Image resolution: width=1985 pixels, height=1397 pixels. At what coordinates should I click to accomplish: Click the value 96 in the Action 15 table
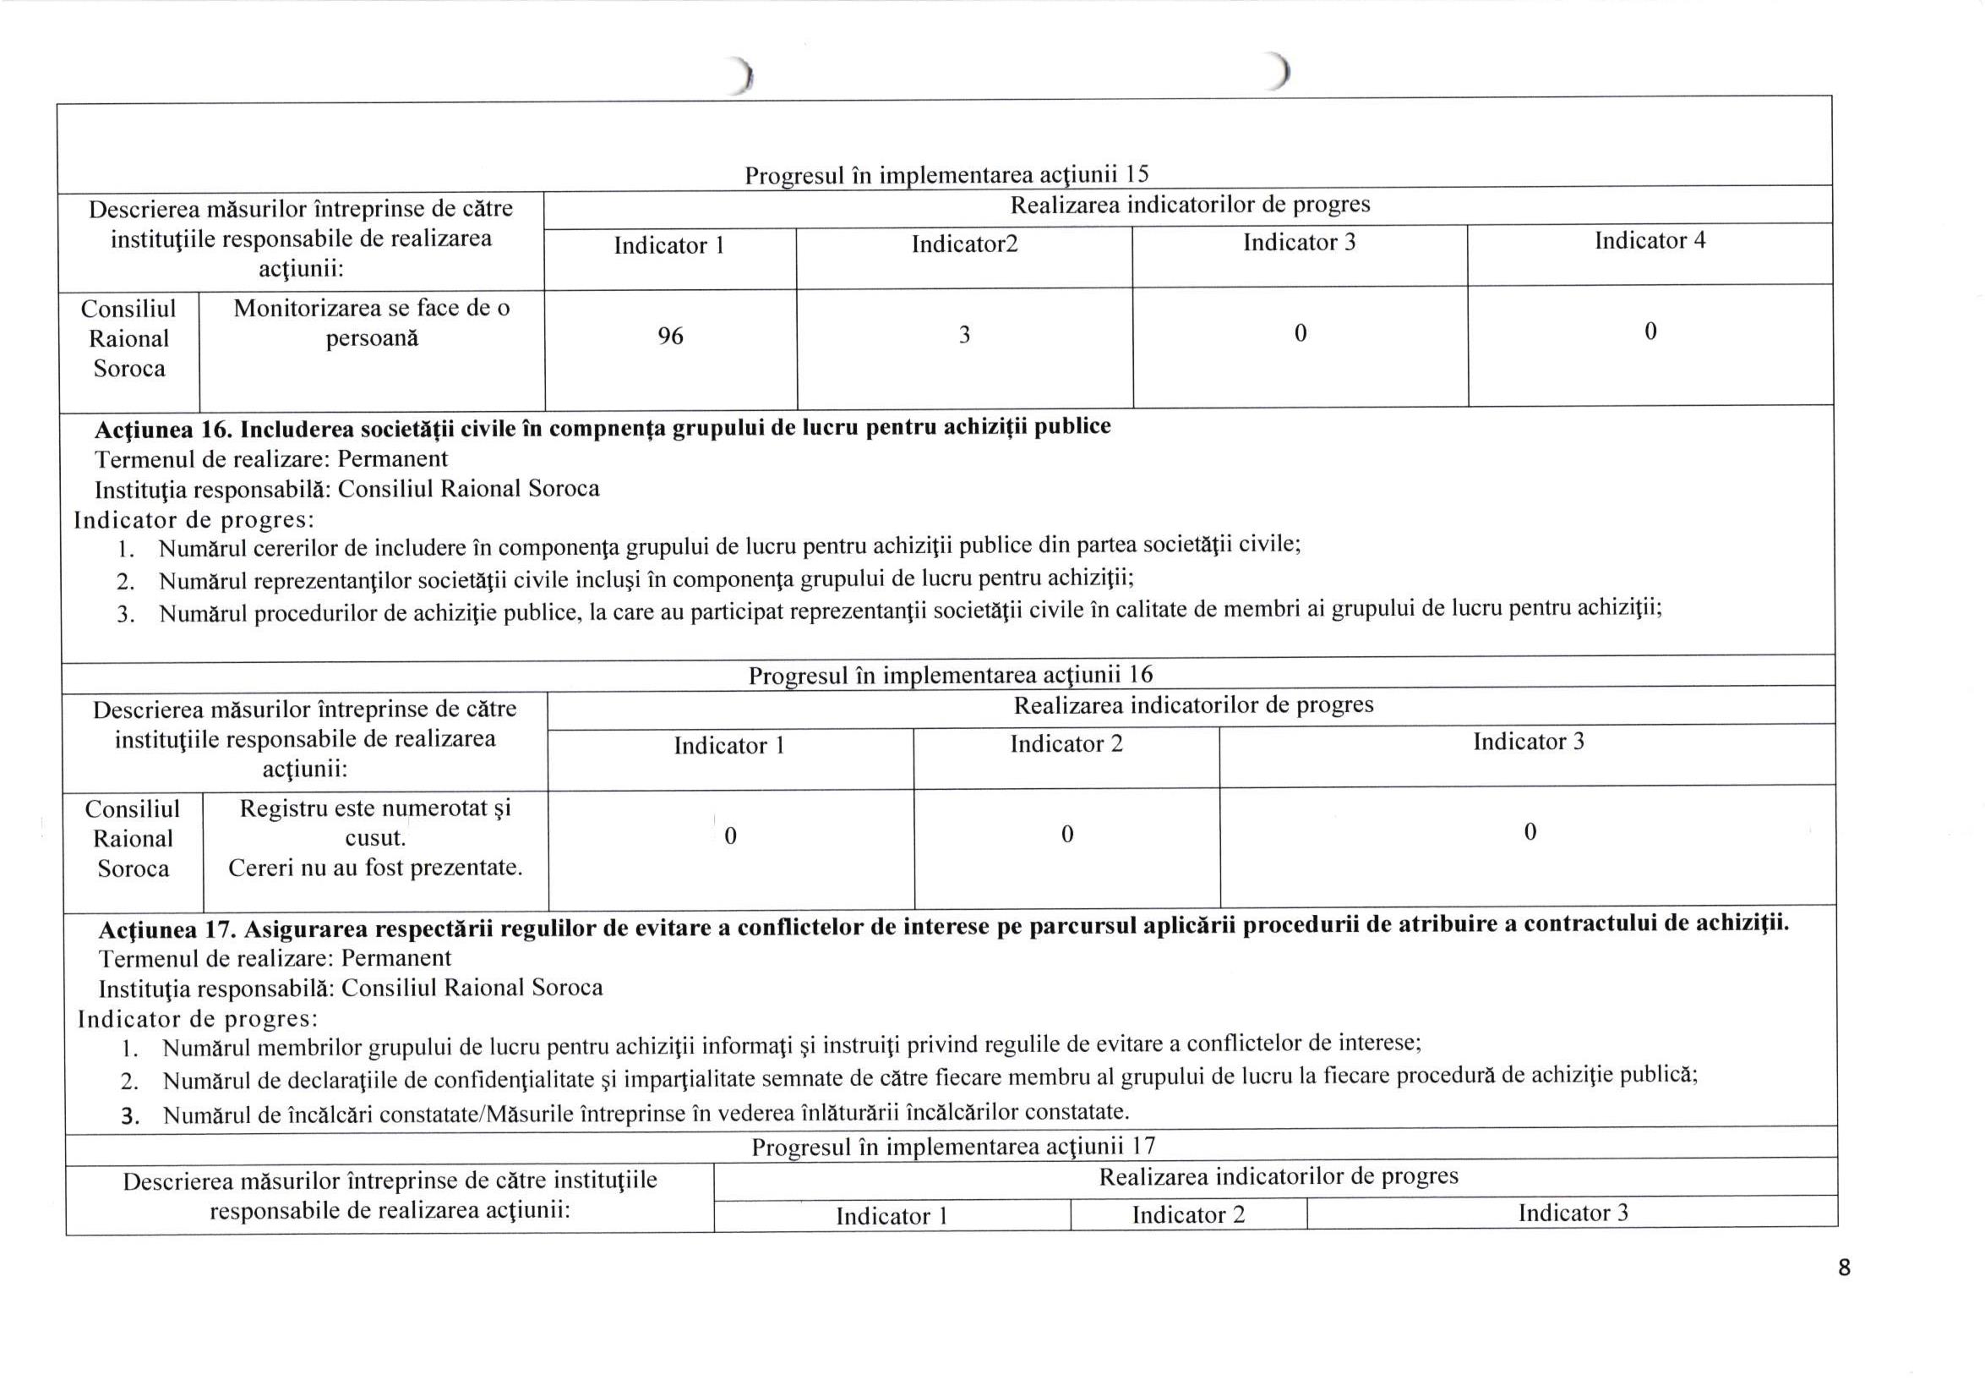click(x=670, y=337)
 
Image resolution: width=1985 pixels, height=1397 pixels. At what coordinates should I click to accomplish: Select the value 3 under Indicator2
click(x=964, y=335)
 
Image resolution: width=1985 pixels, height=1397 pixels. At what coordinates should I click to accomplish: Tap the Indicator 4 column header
click(x=1650, y=240)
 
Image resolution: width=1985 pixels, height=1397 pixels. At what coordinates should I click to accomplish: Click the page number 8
click(x=1844, y=1268)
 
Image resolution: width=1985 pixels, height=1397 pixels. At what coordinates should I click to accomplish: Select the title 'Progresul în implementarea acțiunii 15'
click(x=946, y=175)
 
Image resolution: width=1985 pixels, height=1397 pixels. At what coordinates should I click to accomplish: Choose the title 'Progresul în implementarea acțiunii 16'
click(x=950, y=675)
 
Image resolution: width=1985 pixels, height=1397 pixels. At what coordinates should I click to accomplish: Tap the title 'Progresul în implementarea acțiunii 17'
click(x=952, y=1147)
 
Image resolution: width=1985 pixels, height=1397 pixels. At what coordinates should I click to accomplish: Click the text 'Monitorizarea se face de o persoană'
click(x=372, y=323)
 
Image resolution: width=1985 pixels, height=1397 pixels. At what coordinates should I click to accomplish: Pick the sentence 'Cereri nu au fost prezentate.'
click(x=375, y=868)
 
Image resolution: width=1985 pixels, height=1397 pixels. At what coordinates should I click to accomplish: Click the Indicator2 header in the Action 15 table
click(x=964, y=244)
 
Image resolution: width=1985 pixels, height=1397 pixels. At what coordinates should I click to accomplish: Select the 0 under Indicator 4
click(x=1650, y=331)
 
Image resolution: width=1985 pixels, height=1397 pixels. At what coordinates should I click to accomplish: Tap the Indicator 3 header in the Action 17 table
click(x=1573, y=1213)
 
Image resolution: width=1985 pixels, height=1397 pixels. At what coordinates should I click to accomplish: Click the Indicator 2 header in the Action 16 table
click(x=1066, y=744)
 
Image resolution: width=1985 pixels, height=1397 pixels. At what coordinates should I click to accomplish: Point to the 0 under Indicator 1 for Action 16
click(x=729, y=835)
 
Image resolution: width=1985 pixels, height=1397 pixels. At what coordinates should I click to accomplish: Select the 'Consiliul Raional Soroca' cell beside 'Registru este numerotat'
click(x=133, y=838)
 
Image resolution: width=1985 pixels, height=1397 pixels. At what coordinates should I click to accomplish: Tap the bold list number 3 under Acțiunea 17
click(x=130, y=1116)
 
